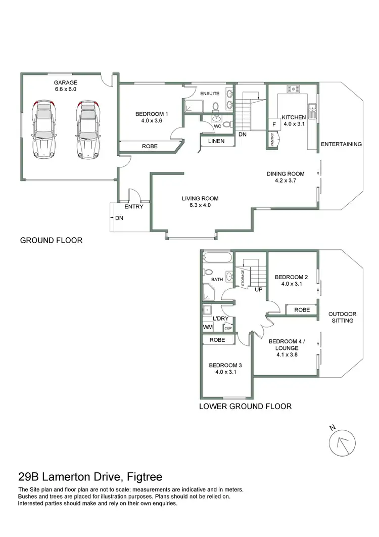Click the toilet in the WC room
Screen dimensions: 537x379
[x=226, y=124]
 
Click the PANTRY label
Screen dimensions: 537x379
[x=273, y=139]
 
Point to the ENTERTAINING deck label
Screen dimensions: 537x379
[x=342, y=144]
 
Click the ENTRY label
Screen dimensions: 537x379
[x=134, y=206]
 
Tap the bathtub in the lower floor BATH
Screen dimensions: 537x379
[x=217, y=258]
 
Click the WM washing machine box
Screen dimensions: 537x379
[x=207, y=327]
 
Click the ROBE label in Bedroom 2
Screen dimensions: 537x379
[x=302, y=309]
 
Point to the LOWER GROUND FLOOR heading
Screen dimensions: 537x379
[x=245, y=406]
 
